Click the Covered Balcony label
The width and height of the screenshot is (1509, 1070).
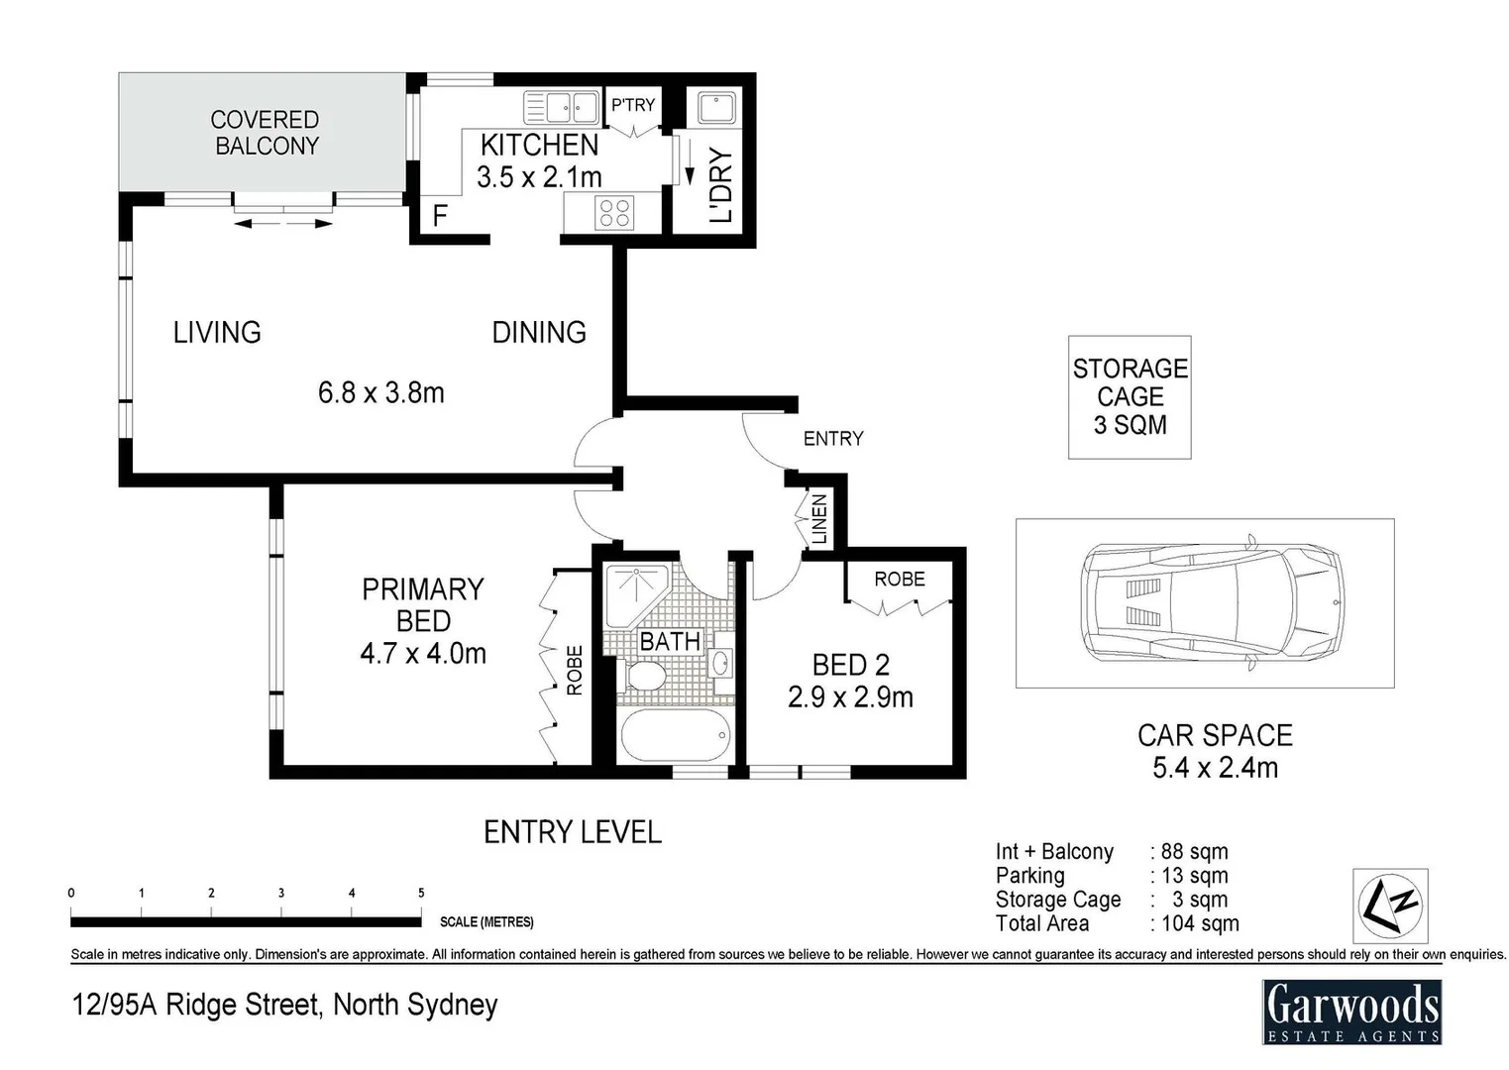pyautogui.click(x=265, y=133)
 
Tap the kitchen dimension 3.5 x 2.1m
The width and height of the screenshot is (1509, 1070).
pyautogui.click(x=539, y=177)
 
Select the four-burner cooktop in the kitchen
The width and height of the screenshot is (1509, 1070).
pyautogui.click(x=614, y=212)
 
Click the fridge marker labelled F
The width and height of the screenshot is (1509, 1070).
pyautogui.click(x=440, y=216)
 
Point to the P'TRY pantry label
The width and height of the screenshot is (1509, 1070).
pyautogui.click(x=632, y=105)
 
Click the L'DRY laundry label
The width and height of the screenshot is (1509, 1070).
pyautogui.click(x=721, y=184)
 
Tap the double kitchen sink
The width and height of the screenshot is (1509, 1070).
pyautogui.click(x=561, y=108)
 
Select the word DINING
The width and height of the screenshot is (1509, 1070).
pyautogui.click(x=539, y=332)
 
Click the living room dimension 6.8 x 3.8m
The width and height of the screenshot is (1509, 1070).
pyautogui.click(x=381, y=392)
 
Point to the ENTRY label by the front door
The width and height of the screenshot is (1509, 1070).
pyautogui.click(x=833, y=439)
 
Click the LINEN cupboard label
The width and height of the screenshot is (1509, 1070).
pyautogui.click(x=818, y=519)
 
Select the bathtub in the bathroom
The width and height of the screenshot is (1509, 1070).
pyautogui.click(x=675, y=735)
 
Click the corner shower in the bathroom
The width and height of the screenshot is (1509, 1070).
pyautogui.click(x=637, y=595)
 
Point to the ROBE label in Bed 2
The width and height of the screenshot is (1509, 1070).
pyautogui.click(x=900, y=579)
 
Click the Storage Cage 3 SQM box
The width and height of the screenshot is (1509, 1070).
pyautogui.click(x=1130, y=397)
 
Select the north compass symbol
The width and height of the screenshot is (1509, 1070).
pyautogui.click(x=1390, y=906)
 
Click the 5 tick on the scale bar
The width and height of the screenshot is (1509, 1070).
pyautogui.click(x=421, y=894)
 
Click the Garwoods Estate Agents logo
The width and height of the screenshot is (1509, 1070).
pyautogui.click(x=1352, y=1013)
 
